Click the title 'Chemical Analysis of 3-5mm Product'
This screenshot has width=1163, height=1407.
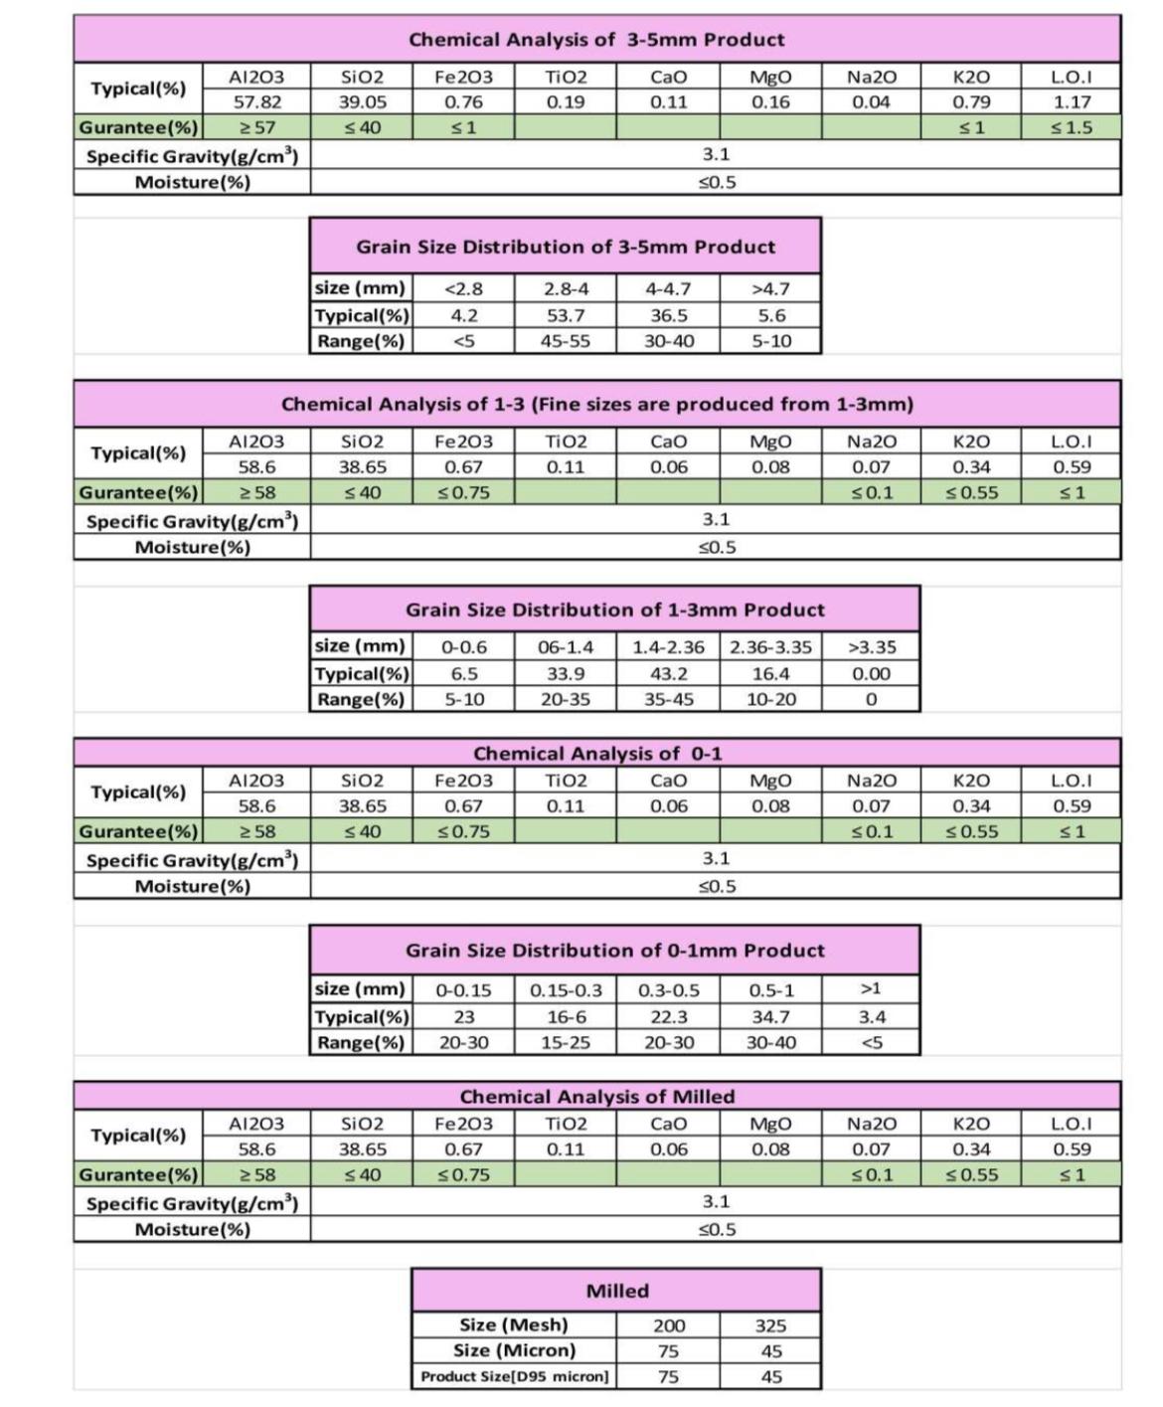[x=596, y=40]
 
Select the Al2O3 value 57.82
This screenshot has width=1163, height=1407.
[x=256, y=101]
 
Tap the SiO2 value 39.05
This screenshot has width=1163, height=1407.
[x=362, y=101]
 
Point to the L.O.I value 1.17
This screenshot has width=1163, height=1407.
[x=1073, y=101]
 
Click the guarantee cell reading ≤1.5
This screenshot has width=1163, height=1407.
[x=1073, y=127]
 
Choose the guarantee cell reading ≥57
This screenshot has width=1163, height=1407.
[x=256, y=127]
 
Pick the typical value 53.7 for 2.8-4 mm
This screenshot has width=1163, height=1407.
[x=566, y=315]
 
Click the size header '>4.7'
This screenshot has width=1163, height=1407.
[x=770, y=289]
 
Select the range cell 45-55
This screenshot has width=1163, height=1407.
[x=566, y=341]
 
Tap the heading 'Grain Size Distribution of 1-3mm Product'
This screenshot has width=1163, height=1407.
[x=614, y=610]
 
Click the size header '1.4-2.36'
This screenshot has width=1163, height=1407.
[x=668, y=647]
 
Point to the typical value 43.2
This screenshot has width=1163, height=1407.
[x=668, y=673]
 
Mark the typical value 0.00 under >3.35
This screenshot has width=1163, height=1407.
[x=871, y=673]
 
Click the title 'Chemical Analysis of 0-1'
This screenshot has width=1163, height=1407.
[x=596, y=754]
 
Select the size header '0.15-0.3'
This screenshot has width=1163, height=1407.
[x=566, y=990]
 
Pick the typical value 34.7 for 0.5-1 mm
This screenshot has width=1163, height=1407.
[x=770, y=1016]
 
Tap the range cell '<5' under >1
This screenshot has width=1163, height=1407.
[x=871, y=1042]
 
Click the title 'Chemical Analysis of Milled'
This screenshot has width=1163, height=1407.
[x=596, y=1097]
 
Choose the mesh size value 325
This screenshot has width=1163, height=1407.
[x=770, y=1325]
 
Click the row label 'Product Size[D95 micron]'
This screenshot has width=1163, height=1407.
[x=514, y=1377]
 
